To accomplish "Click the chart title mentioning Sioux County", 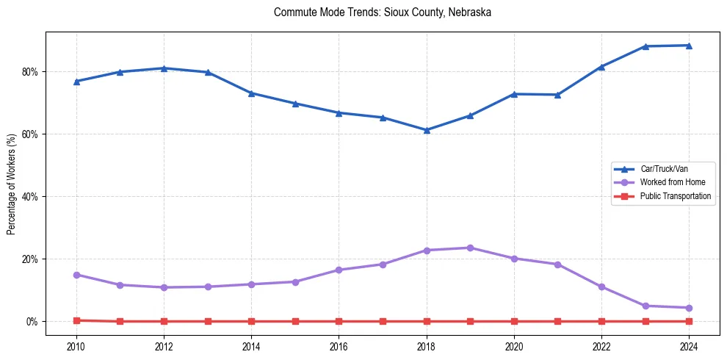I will point(382,12).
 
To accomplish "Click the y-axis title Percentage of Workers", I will point(12,184).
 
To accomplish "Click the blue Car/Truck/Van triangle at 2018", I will point(427,130).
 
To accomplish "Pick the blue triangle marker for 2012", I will point(164,68).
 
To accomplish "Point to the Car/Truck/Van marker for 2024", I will point(689,46).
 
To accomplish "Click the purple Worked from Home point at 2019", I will point(470,248).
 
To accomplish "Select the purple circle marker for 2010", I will point(76,275).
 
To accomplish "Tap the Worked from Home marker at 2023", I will point(645,306).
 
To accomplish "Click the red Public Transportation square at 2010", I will point(76,320).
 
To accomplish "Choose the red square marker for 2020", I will point(514,321).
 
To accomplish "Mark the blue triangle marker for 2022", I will point(601,67).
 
